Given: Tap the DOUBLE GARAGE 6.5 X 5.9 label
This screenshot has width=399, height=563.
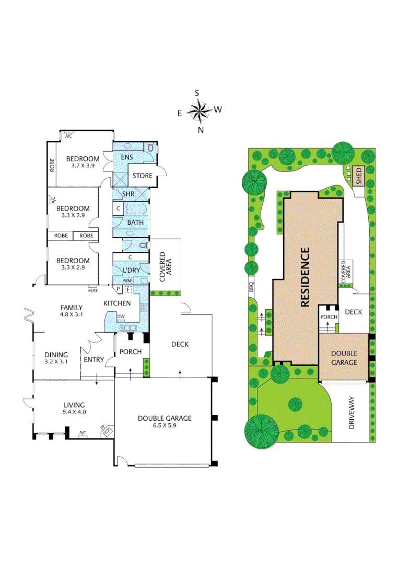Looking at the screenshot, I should [165, 421].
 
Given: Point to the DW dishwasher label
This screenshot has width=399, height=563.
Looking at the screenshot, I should [121, 316].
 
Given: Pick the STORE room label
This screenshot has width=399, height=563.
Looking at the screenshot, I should [142, 176].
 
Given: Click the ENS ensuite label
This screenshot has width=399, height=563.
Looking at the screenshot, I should [126, 157].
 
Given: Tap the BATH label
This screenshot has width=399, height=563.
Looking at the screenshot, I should [136, 223].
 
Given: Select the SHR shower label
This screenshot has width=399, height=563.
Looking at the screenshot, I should [128, 194].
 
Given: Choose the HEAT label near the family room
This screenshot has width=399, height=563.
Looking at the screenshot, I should [93, 290].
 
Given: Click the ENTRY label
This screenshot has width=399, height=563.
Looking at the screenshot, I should [93, 359].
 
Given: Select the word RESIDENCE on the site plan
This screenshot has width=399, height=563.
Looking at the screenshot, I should [304, 276].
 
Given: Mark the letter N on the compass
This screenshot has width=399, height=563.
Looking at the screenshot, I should [200, 130].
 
